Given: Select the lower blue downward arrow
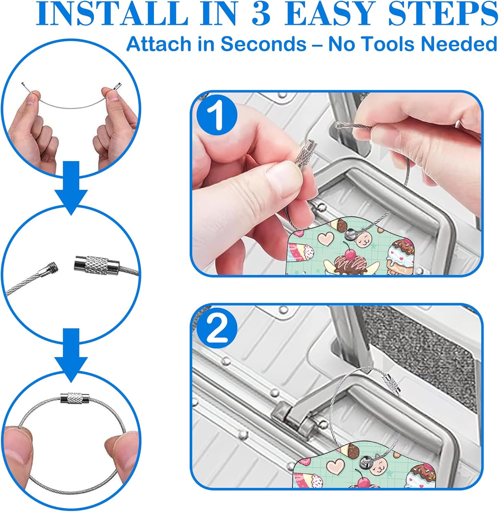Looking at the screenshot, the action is click(x=71, y=355).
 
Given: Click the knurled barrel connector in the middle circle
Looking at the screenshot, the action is click(x=97, y=264).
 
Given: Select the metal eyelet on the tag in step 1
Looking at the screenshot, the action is click(x=350, y=233).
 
